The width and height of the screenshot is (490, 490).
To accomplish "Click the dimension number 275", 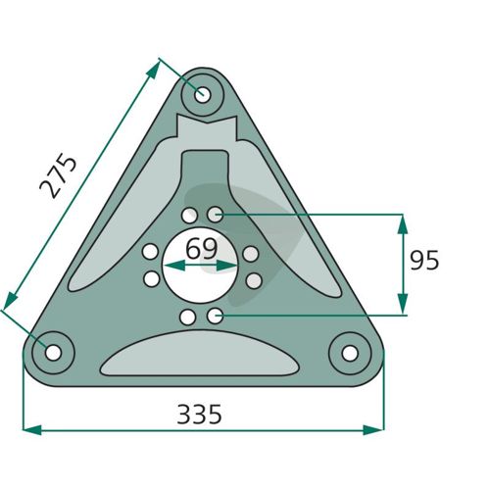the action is click(58, 176).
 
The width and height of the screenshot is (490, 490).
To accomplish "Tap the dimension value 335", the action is click(199, 415).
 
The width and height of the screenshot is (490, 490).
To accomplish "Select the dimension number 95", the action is click(424, 261).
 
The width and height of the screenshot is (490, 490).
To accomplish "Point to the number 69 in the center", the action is click(201, 249).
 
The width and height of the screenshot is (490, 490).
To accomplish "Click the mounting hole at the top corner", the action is click(203, 95).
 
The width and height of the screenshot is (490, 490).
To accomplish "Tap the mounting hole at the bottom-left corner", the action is click(53, 353).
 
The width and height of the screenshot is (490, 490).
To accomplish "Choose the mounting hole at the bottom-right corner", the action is click(350, 353).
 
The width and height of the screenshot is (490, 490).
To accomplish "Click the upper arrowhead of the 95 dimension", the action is click(403, 223).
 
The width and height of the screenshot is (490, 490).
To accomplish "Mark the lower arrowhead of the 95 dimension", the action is click(403, 304).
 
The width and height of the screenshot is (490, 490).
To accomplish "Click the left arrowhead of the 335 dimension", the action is click(32, 430).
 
